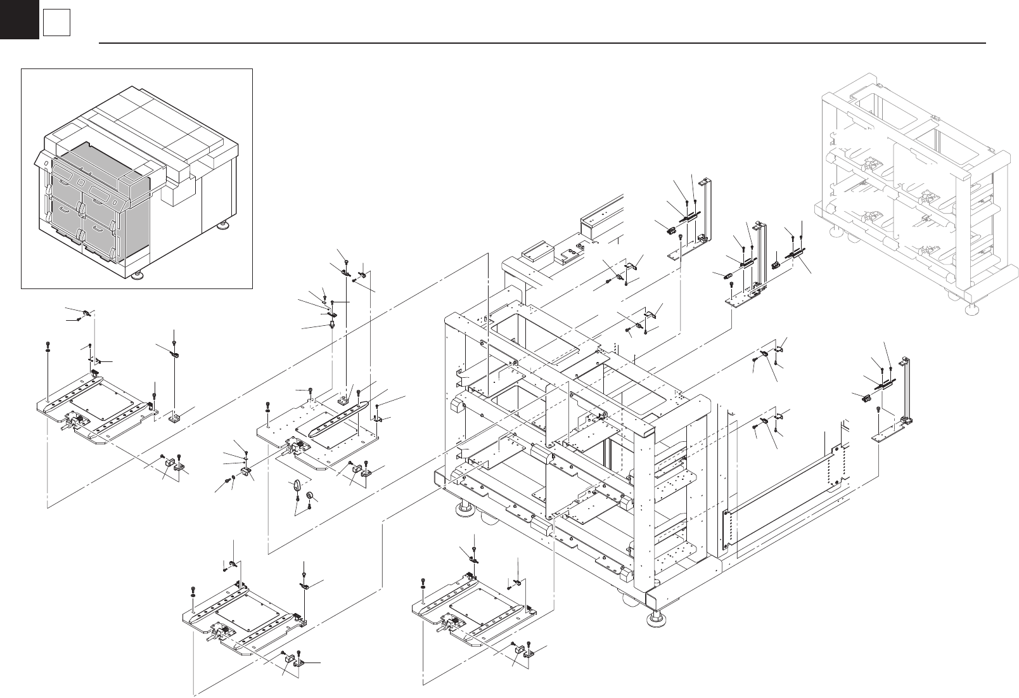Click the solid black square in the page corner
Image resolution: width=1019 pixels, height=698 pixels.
click(x=19, y=19)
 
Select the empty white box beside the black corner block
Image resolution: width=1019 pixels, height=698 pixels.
click(x=56, y=24)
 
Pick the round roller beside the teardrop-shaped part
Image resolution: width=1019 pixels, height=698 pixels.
click(x=311, y=496)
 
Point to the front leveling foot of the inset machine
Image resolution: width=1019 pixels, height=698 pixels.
click(x=138, y=275)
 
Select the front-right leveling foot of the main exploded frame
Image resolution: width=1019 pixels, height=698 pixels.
click(x=656, y=618)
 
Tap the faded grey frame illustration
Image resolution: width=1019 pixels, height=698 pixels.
click(x=913, y=197)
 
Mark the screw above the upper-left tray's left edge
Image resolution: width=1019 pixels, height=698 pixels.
click(x=48, y=346)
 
